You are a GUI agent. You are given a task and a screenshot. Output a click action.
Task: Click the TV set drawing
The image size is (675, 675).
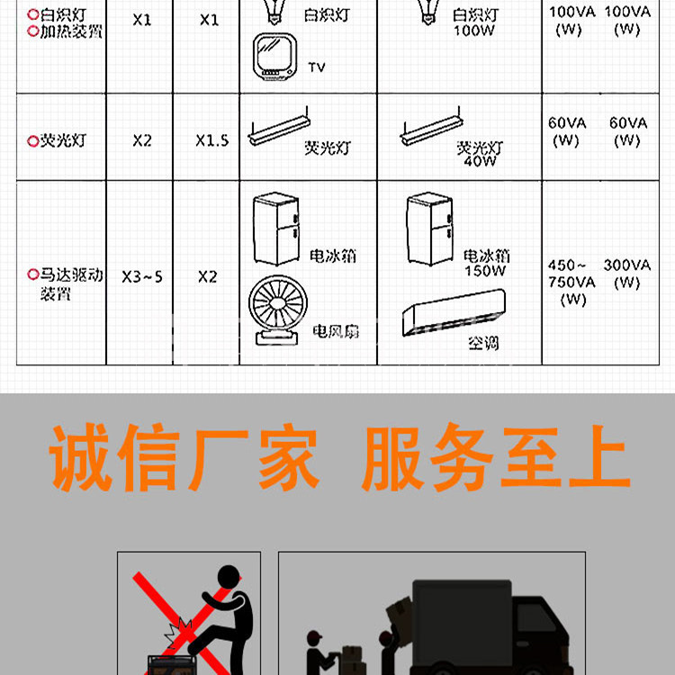click(x=274, y=57)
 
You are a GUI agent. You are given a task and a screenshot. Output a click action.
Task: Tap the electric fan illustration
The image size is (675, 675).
click(x=278, y=310)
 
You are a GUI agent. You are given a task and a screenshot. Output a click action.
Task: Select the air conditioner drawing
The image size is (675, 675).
click(x=454, y=312)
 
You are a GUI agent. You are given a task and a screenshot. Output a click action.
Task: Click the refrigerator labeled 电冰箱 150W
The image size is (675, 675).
click(x=429, y=229)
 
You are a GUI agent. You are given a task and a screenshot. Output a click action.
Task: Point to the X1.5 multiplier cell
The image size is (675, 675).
click(x=211, y=140)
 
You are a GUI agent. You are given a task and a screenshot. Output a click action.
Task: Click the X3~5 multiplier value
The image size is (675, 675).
click(x=141, y=277)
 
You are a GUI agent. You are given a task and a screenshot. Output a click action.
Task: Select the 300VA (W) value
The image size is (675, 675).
click(x=626, y=274)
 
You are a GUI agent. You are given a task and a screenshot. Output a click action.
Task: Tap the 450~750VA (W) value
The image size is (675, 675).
click(x=571, y=282)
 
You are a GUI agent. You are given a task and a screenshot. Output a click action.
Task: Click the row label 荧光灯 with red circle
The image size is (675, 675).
click(x=57, y=140)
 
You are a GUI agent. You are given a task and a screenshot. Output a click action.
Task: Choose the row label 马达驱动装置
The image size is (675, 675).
click(x=65, y=283)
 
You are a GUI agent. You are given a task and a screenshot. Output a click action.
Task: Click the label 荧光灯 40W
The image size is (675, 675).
click(x=480, y=154)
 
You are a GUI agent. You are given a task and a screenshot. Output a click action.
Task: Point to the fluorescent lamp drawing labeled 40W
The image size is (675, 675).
click(x=431, y=127)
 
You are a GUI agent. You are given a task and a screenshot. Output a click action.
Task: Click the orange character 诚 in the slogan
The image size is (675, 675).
click(x=79, y=457)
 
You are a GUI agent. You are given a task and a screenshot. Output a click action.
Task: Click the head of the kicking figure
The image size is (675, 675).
click(x=229, y=577)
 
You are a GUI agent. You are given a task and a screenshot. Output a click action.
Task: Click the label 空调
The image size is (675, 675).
click(x=483, y=343)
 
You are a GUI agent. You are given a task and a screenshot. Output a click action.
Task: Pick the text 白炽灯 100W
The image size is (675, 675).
click(x=475, y=22)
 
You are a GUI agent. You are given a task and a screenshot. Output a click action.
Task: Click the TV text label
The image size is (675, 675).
click(x=317, y=67)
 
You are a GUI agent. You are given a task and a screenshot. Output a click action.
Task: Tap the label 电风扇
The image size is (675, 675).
click(x=336, y=331)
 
